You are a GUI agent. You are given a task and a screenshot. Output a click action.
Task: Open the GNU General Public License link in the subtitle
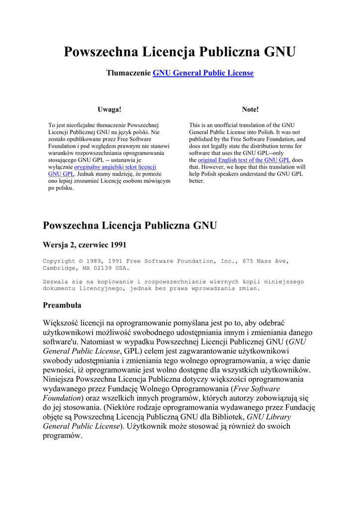click(203, 73)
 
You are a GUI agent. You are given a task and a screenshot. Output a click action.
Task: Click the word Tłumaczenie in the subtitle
click(128, 73)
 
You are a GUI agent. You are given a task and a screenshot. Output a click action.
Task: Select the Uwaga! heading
click(109, 109)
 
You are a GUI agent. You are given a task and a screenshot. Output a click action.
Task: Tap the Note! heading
click(250, 109)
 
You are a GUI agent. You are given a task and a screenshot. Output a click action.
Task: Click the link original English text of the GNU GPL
click(244, 160)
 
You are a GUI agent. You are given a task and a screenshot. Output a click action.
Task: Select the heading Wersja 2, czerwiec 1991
click(85, 245)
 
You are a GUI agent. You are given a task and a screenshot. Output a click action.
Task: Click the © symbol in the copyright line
click(81, 261)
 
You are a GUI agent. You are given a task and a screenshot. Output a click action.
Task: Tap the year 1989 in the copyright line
click(94, 261)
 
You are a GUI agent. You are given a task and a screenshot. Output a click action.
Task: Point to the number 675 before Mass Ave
click(250, 261)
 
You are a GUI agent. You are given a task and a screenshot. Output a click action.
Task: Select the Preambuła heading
click(62, 305)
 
